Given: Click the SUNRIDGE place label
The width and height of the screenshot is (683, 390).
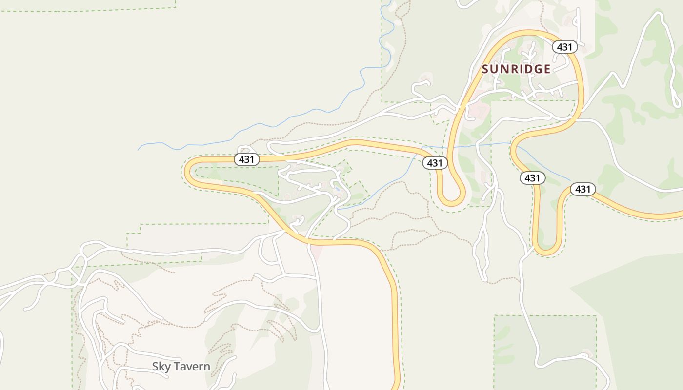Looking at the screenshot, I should tap(516, 69).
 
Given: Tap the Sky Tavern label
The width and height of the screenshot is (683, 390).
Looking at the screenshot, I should tap(181, 367).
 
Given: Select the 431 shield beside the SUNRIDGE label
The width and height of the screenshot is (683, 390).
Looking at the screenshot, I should tap(565, 47).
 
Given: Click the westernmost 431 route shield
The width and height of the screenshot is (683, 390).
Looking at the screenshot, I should tap(247, 159).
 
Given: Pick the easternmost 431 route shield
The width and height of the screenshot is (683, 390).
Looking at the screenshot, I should tap(583, 189).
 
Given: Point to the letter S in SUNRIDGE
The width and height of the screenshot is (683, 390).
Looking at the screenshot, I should tap(486, 69).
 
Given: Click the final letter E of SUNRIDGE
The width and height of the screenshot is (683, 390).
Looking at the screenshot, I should tap(547, 69).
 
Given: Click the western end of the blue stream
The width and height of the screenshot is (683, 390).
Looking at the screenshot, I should tap(139, 149).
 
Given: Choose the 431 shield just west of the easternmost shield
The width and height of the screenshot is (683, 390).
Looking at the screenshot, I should tap(532, 178).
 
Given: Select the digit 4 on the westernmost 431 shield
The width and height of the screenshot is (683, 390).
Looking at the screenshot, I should tap(241, 159).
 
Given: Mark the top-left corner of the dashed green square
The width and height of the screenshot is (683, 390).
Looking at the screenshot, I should tap(494, 316).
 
